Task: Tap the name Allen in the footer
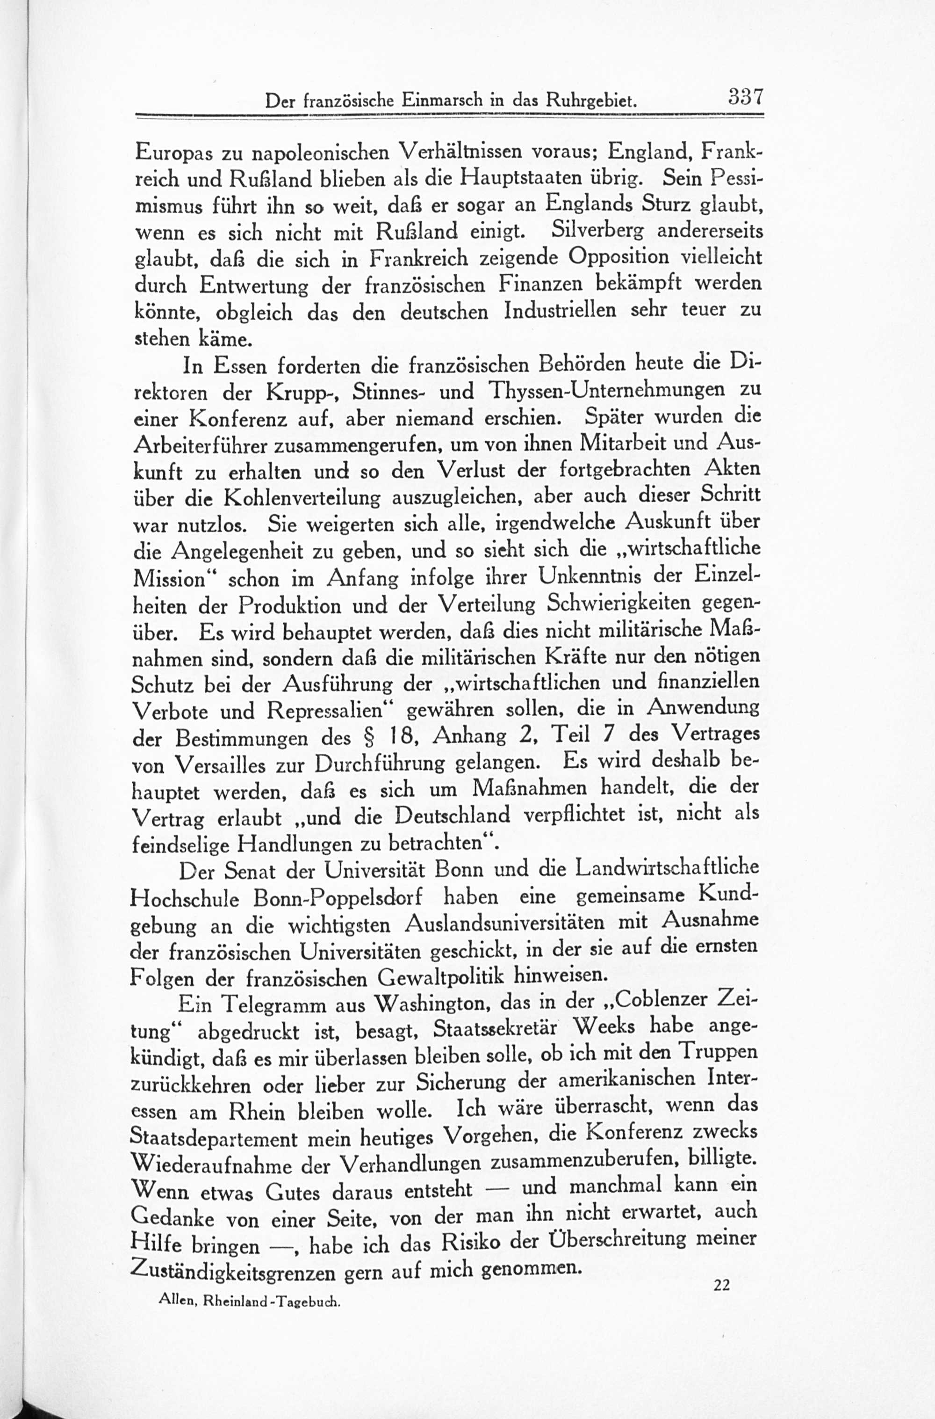point(177,1303)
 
